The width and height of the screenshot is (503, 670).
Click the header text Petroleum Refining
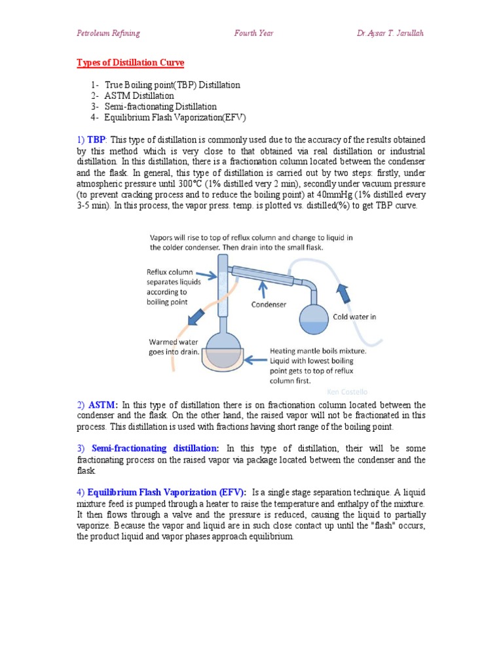click(x=108, y=33)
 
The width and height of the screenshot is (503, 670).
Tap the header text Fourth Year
click(x=253, y=33)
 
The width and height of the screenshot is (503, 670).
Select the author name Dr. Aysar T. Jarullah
click(x=386, y=33)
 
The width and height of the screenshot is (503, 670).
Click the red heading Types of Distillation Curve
click(x=130, y=63)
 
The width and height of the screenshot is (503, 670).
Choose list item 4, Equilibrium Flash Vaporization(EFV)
click(x=170, y=117)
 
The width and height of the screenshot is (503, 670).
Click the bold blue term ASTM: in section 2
click(x=102, y=405)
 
